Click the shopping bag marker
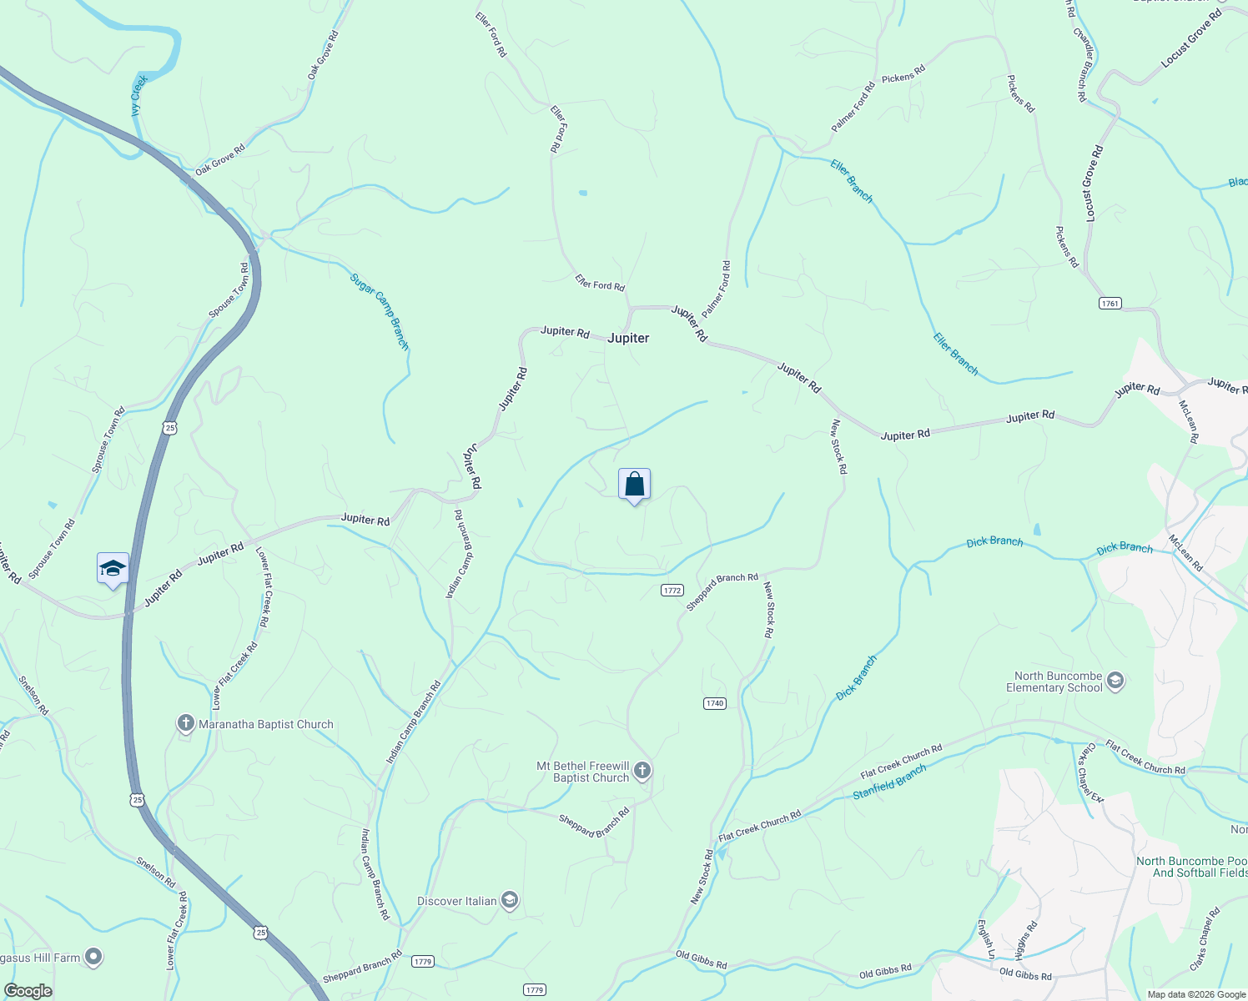click(x=634, y=485)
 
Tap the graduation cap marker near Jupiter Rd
click(x=113, y=569)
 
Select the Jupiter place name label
click(x=628, y=338)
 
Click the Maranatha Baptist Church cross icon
click(x=186, y=724)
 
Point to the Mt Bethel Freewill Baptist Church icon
click(x=642, y=771)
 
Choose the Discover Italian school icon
click(x=510, y=901)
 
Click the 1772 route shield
click(x=672, y=590)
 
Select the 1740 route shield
click(x=715, y=703)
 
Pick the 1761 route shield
click(x=1110, y=304)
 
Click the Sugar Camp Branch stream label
click(x=380, y=310)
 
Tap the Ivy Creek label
click(x=138, y=95)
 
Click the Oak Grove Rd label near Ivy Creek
click(x=323, y=55)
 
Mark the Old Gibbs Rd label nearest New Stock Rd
click(x=701, y=959)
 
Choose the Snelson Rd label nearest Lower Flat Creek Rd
click(x=156, y=873)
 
